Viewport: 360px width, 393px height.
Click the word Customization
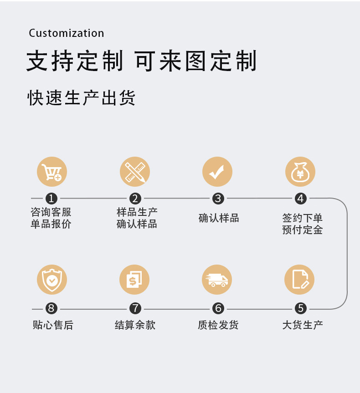click(x=67, y=33)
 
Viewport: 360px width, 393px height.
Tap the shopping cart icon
click(x=52, y=172)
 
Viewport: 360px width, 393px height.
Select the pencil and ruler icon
click(x=135, y=172)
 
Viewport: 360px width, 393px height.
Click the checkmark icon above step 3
click(x=217, y=172)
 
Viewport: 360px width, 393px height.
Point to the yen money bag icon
click(x=300, y=172)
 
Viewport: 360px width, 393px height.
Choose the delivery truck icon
click(x=217, y=280)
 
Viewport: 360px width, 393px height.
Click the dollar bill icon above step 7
click(x=134, y=280)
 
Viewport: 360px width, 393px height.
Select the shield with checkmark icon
click(x=52, y=280)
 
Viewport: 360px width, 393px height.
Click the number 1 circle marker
click(x=51, y=199)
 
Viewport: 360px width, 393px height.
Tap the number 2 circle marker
click(x=135, y=199)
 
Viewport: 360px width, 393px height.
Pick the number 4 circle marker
click(x=300, y=199)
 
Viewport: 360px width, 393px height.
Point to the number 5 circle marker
click(x=300, y=309)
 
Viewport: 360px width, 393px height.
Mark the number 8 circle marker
click(x=51, y=309)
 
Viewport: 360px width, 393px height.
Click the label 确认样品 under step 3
click(x=219, y=218)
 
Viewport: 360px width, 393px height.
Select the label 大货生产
click(x=302, y=325)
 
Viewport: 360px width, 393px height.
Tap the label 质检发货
click(x=218, y=325)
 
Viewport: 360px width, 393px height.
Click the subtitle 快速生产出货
click(x=82, y=98)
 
